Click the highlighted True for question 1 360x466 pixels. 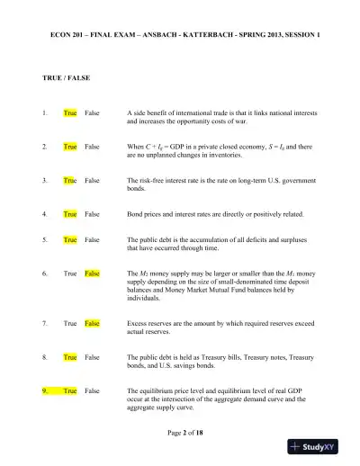coord(70,112)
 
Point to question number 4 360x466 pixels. coord(45,214)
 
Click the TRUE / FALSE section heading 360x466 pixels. coord(67,78)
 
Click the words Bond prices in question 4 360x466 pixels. coord(147,214)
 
